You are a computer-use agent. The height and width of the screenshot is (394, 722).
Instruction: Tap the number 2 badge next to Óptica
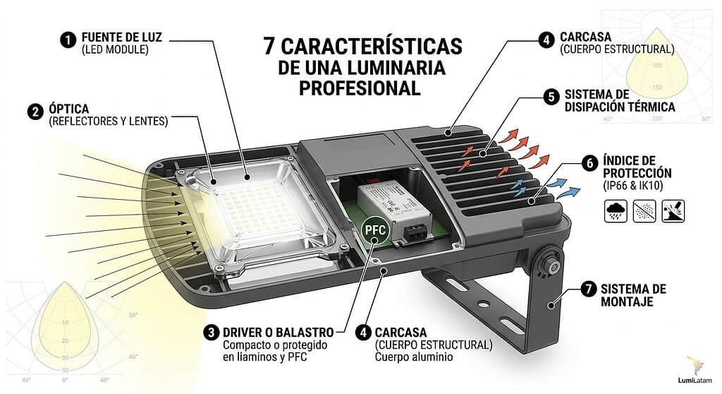(34, 112)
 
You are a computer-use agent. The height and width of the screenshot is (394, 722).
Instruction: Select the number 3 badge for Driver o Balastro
(210, 331)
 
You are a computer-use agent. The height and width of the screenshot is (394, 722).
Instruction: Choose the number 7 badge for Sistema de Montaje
(587, 289)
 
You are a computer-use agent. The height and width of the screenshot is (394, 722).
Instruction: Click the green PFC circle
(375, 230)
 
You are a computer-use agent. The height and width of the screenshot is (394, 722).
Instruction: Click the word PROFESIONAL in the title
(360, 88)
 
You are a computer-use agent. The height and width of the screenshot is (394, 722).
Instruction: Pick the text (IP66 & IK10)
(637, 186)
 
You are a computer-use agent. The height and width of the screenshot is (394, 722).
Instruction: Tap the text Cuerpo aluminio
(414, 357)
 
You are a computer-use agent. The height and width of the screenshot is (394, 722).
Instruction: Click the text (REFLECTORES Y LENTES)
(109, 121)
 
